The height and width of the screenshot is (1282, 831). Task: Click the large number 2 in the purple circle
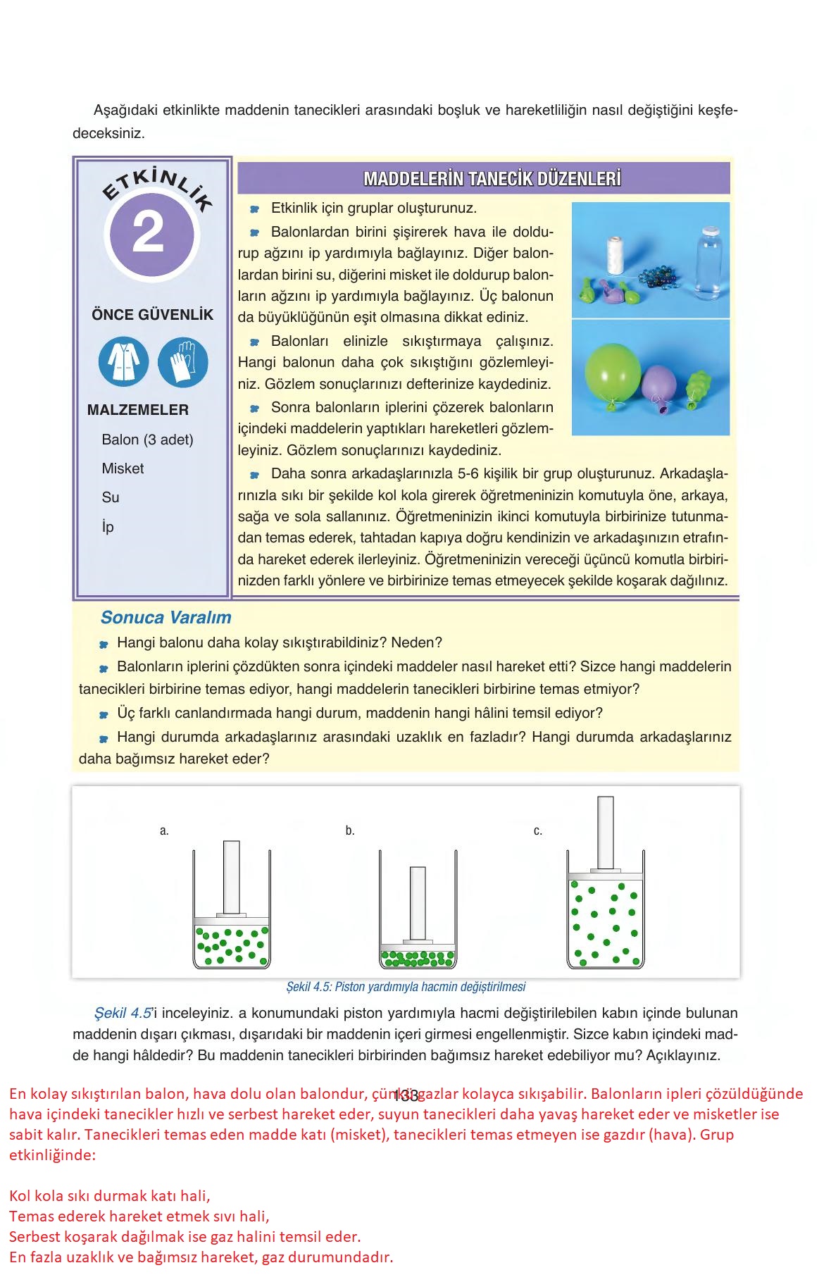(x=149, y=232)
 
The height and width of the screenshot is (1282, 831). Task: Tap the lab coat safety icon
(x=123, y=362)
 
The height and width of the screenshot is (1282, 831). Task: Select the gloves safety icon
(x=183, y=362)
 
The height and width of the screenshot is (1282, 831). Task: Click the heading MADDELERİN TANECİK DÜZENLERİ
(x=492, y=179)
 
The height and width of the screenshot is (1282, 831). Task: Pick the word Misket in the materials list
(x=123, y=468)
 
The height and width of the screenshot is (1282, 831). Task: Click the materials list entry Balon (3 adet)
(x=147, y=440)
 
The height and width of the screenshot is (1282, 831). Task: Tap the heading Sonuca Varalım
(x=165, y=618)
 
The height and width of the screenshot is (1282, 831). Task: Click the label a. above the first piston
(x=164, y=831)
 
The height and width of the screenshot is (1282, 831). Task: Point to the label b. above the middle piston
(x=350, y=831)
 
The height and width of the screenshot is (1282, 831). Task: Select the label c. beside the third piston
(x=538, y=831)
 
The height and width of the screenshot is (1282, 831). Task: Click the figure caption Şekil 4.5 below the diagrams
(x=406, y=987)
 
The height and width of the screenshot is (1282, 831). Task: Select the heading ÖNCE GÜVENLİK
(x=152, y=315)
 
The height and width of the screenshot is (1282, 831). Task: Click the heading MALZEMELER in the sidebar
(x=138, y=410)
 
